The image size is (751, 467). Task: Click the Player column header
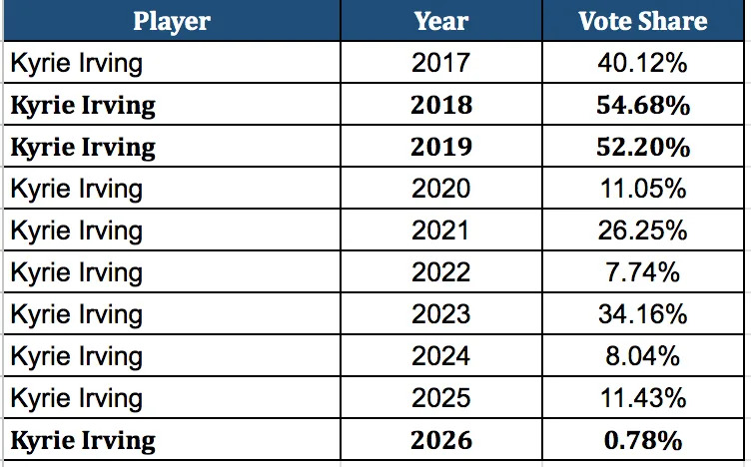tap(171, 22)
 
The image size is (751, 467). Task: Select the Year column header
tap(440, 22)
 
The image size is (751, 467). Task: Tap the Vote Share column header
tap(642, 22)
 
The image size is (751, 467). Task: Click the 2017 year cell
tap(440, 64)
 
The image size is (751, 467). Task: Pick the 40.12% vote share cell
tap(642, 64)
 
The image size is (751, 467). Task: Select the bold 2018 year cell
tap(440, 106)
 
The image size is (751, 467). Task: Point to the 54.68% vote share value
tap(642, 106)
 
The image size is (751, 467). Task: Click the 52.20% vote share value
tap(642, 148)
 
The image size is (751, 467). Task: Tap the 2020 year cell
tap(440, 189)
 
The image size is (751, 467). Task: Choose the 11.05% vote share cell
tap(642, 189)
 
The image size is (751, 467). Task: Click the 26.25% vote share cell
tap(642, 231)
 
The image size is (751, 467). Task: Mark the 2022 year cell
tap(440, 272)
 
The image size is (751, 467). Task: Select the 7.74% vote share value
tap(642, 272)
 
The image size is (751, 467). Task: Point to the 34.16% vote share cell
tap(642, 314)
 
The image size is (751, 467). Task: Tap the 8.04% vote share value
tap(642, 355)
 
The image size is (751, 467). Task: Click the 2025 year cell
tap(440, 397)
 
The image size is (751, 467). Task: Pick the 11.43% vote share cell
tap(642, 397)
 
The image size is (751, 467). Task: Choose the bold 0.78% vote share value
tap(642, 439)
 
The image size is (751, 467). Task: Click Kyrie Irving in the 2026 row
tap(83, 439)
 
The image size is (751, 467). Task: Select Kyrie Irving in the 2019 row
tap(83, 148)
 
